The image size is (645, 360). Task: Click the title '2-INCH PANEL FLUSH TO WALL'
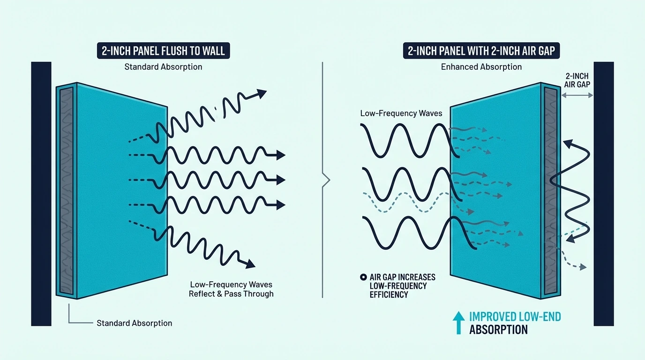[163, 51]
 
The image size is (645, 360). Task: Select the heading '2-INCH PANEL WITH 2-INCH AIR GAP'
[481, 51]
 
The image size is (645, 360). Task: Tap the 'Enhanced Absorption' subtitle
[481, 67]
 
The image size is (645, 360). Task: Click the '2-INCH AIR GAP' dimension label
[577, 80]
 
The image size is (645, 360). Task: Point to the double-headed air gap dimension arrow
[577, 95]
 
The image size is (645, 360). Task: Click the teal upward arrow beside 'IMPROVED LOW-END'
[458, 323]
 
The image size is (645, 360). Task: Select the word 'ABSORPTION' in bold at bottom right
[498, 330]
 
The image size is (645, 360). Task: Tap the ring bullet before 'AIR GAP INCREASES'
[363, 277]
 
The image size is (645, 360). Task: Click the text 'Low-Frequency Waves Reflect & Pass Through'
[231, 289]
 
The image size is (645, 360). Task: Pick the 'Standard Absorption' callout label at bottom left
[134, 323]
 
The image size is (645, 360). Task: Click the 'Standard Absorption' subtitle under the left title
[163, 67]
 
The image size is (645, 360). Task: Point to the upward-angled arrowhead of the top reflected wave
[262, 93]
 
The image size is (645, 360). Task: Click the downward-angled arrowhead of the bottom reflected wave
[250, 264]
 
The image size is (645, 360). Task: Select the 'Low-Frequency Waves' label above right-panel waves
[401, 113]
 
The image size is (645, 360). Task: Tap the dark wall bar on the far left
[41, 194]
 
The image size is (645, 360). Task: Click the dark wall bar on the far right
[604, 194]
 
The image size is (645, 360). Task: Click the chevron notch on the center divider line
[326, 180]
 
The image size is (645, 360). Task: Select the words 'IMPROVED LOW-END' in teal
[515, 316]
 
